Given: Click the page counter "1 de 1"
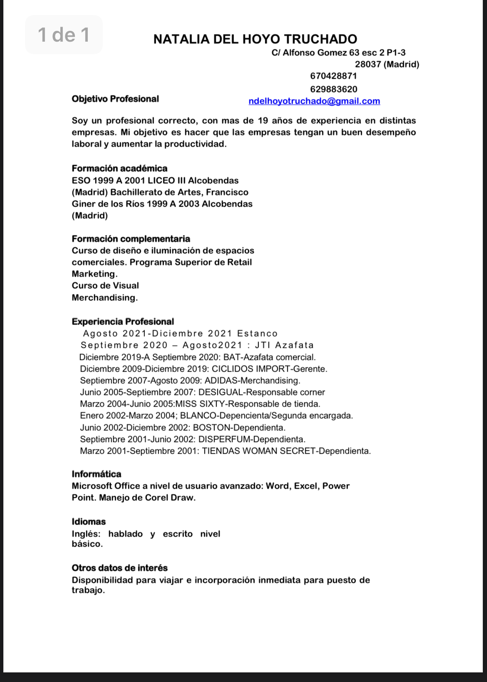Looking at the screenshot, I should pyautogui.click(x=64, y=35).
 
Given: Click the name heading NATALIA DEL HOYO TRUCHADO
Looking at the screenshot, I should pyautogui.click(x=255, y=39).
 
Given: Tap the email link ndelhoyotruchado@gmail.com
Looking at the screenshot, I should pyautogui.click(x=314, y=101).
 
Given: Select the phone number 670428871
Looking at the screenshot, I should pyautogui.click(x=333, y=76).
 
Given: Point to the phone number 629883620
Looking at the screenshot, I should pyautogui.click(x=333, y=89).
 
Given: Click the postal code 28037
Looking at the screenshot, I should pyautogui.click(x=368, y=64).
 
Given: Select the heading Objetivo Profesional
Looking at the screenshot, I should pyautogui.click(x=115, y=99).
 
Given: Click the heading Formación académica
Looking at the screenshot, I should pyautogui.click(x=119, y=168).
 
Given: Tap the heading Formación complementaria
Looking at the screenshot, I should pyautogui.click(x=131, y=239).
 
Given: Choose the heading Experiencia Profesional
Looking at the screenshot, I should pyautogui.click(x=123, y=322).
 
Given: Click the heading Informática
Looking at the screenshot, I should pyautogui.click(x=96, y=474).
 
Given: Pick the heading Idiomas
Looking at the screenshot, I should pyautogui.click(x=89, y=522).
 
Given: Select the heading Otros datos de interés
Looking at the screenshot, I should pyautogui.click(x=119, y=568).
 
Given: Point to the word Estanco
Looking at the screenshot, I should pyautogui.click(x=257, y=333).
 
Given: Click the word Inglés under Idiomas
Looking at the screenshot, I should pyautogui.click(x=86, y=534).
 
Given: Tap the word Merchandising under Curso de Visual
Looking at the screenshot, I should pyautogui.click(x=104, y=297).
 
